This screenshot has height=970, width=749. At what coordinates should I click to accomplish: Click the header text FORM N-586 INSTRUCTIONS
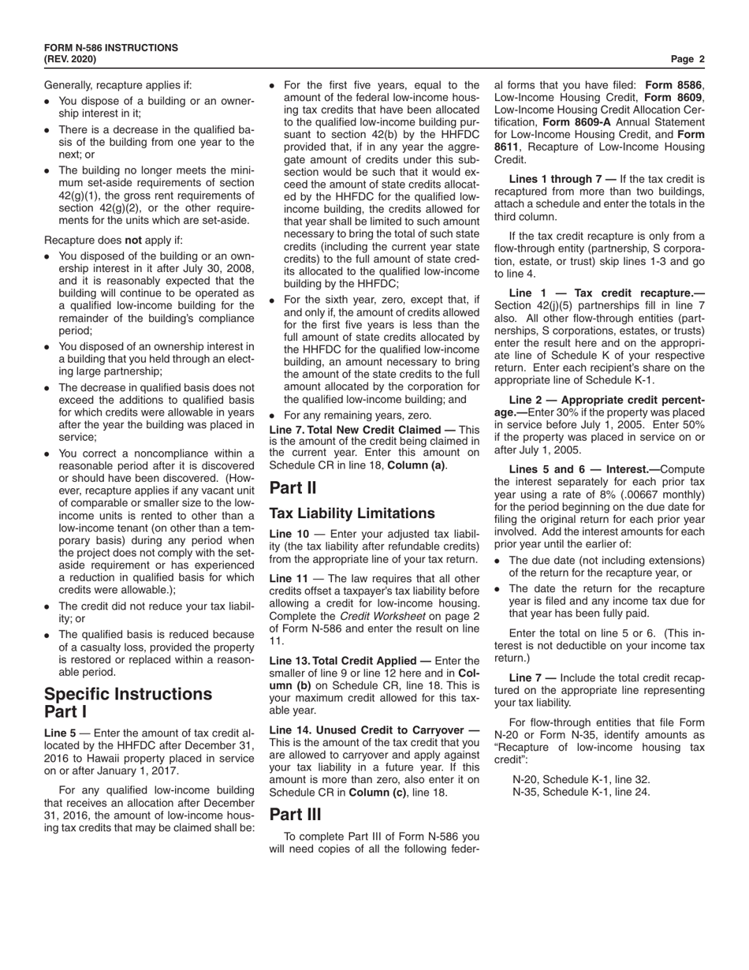pos(110,48)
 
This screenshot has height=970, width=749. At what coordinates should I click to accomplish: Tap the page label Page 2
pos(688,59)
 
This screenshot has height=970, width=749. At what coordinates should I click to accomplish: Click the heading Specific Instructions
pos(128,694)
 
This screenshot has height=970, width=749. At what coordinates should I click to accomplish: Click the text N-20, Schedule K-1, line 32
pos(581,778)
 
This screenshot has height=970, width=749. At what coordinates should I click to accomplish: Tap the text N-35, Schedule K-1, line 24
pos(581,791)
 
